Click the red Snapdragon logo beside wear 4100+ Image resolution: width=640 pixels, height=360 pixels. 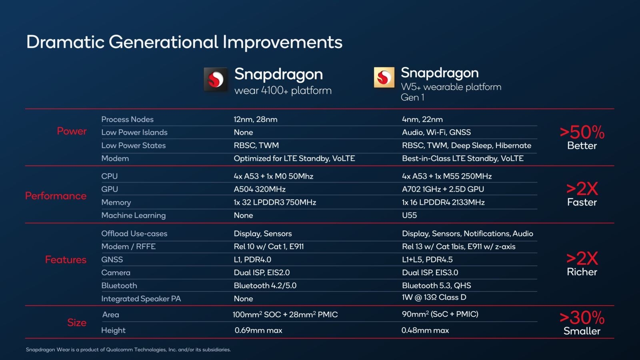click(x=216, y=79)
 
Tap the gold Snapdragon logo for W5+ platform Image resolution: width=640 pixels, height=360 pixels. click(x=384, y=77)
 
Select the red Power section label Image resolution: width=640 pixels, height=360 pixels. click(x=72, y=131)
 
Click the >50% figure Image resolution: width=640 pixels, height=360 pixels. click(x=582, y=132)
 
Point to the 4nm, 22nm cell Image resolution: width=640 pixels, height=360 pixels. click(x=422, y=119)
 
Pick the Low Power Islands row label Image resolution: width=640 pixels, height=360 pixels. click(x=134, y=132)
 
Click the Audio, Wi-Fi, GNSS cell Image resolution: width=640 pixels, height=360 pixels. click(x=436, y=132)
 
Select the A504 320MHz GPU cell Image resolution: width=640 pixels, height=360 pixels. click(x=260, y=189)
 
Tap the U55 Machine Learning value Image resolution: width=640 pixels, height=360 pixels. click(x=409, y=215)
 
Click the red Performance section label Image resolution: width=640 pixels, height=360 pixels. click(x=56, y=196)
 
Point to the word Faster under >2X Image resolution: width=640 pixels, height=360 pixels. click(x=582, y=202)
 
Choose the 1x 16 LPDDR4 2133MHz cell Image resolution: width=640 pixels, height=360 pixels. click(x=443, y=202)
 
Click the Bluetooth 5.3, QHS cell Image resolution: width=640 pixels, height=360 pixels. click(x=436, y=286)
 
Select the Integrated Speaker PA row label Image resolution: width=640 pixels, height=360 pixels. click(x=141, y=299)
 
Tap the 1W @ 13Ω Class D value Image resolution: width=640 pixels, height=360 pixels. click(x=434, y=297)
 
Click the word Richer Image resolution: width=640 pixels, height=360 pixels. click(x=582, y=272)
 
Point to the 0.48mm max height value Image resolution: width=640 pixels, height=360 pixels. click(x=425, y=330)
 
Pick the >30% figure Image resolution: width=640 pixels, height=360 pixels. click(x=582, y=318)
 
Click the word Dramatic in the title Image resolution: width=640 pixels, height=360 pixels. click(x=65, y=42)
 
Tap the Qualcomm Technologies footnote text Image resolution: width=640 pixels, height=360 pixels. click(x=128, y=350)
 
